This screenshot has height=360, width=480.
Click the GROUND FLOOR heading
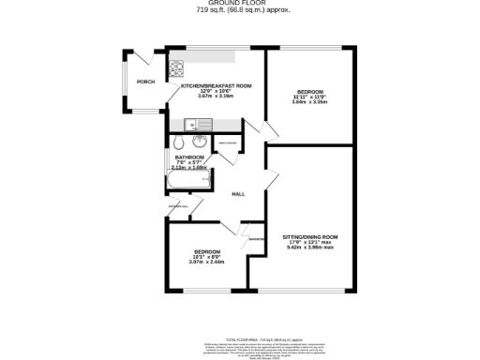click(239, 4)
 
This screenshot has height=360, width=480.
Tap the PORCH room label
click(145, 81)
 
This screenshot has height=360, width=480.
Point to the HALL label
click(239, 194)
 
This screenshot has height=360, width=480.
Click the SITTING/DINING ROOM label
click(310, 236)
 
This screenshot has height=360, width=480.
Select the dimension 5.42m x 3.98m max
click(310, 247)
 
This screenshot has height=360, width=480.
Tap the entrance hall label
click(178, 204)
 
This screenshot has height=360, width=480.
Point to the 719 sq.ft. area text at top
click(239, 10)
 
